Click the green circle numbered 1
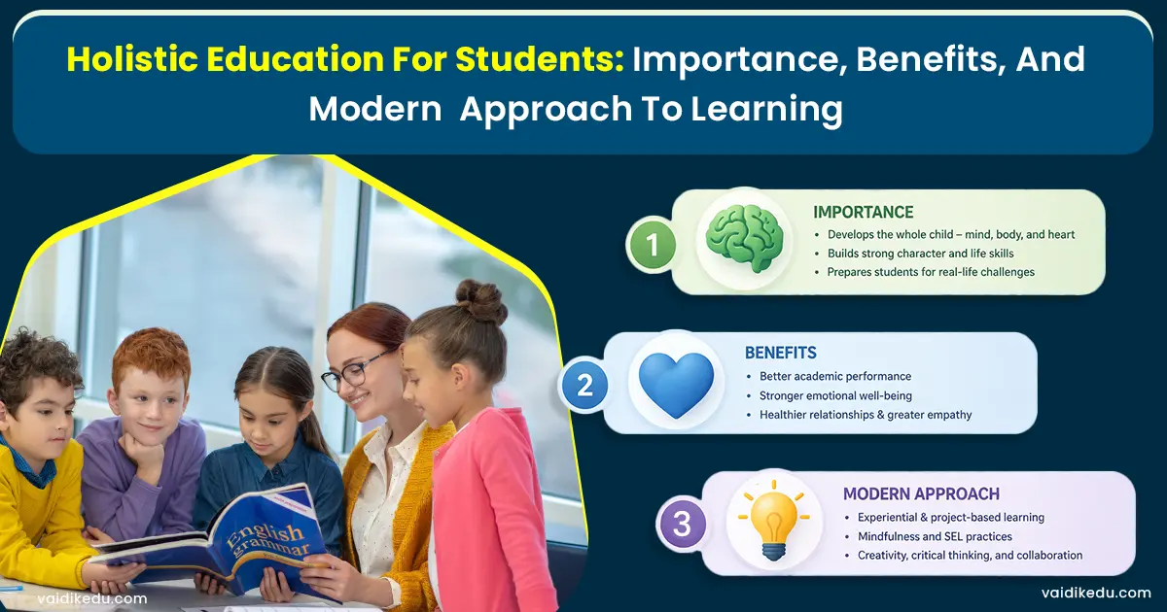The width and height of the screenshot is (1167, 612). [x=653, y=244]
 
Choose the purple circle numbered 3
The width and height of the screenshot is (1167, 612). [x=682, y=525]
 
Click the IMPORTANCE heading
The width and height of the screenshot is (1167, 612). [x=863, y=212]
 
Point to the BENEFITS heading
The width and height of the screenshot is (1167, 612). [x=780, y=352]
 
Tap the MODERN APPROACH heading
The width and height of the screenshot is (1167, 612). [x=921, y=493]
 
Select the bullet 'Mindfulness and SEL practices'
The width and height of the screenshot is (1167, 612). [x=935, y=536]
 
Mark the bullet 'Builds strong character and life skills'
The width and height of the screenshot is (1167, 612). [x=920, y=253]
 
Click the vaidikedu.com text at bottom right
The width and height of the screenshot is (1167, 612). [x=1094, y=593]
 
